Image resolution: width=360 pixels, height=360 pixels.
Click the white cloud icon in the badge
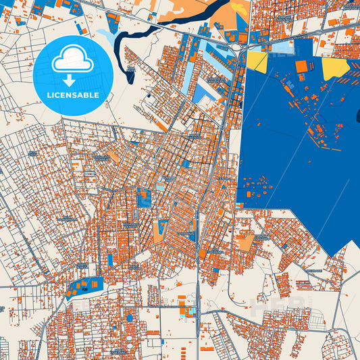point(72,59)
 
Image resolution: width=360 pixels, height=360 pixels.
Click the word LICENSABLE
point(72,95)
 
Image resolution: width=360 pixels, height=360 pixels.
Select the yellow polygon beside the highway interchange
point(257,61)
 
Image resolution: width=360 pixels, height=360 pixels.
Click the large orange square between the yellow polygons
point(301,66)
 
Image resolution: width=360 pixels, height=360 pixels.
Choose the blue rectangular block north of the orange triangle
point(144,198)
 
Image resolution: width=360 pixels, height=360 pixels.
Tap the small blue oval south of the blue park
point(130,317)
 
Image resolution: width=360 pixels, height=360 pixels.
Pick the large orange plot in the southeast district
point(245,241)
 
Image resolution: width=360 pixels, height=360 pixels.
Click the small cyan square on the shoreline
point(240,205)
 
